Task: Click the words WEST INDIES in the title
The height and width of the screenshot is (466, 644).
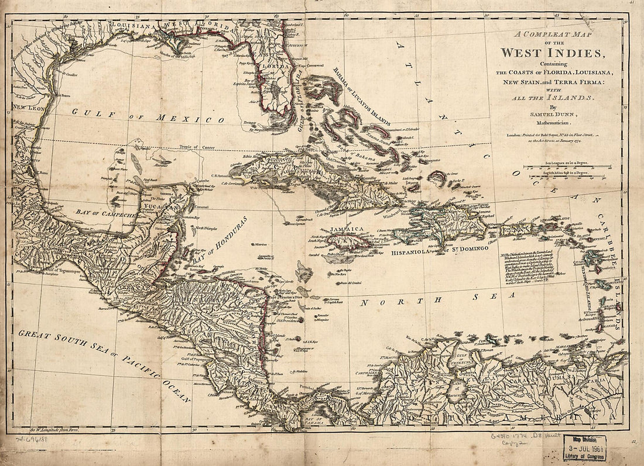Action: pos(551,53)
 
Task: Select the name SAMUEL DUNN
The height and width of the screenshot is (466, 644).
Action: pos(551,115)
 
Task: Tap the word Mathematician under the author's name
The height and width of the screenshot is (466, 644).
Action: pos(551,123)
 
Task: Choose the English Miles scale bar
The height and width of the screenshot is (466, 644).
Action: pos(571,174)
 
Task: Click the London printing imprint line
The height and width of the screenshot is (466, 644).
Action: pos(551,135)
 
